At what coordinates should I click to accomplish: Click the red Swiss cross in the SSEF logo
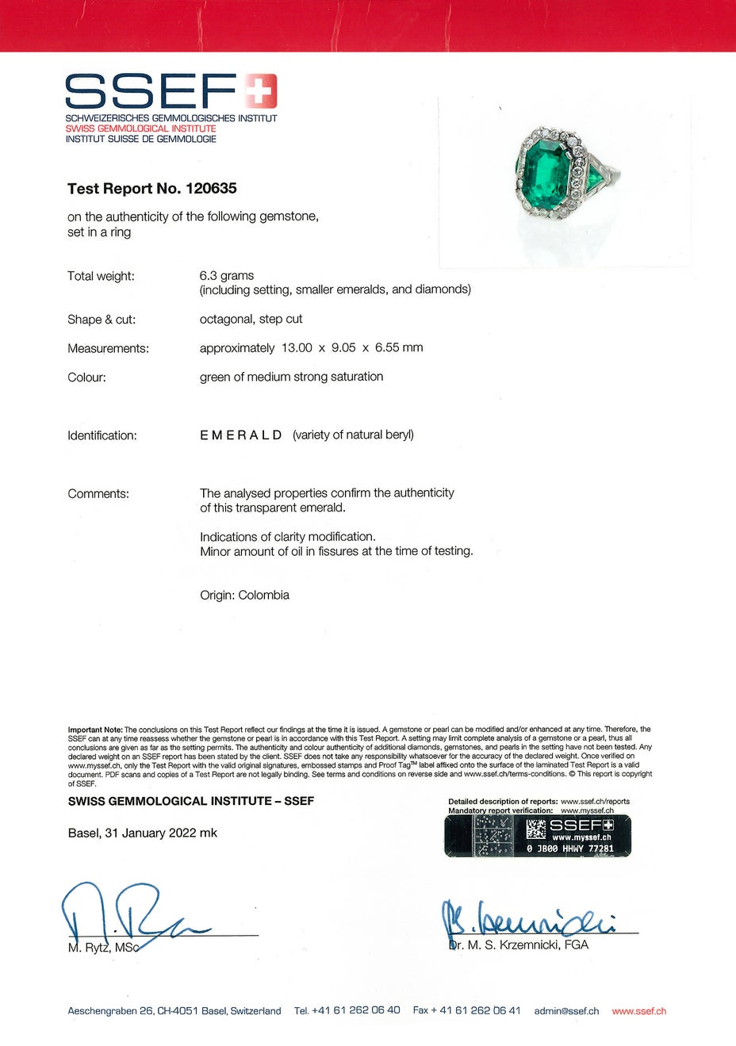[259, 91]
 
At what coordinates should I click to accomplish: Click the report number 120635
[211, 189]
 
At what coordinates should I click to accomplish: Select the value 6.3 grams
[227, 275]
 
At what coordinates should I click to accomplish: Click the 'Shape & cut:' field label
[102, 320]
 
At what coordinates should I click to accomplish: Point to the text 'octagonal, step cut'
[251, 319]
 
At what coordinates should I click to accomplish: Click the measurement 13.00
[297, 347]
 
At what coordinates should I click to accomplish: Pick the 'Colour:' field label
[86, 377]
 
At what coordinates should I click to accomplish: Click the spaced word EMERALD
[241, 435]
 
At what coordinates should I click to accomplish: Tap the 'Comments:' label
[98, 493]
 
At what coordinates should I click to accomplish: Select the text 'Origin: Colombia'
[244, 595]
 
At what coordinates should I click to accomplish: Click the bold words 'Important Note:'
[95, 730]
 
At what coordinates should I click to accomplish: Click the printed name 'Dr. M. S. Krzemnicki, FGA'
[519, 944]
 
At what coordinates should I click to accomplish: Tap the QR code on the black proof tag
[536, 830]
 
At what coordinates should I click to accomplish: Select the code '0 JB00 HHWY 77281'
[570, 849]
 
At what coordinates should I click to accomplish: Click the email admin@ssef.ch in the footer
[566, 1011]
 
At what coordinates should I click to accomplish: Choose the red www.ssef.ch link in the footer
[639, 1011]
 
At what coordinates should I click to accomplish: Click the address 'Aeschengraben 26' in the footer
[111, 1011]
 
